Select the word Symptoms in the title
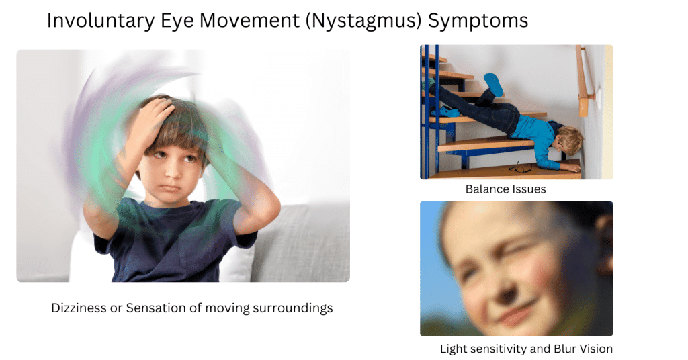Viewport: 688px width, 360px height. (x=478, y=21)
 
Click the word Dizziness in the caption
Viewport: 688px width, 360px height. (x=78, y=308)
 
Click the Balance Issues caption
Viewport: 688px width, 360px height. (x=505, y=189)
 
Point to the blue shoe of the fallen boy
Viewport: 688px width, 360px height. (x=494, y=85)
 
